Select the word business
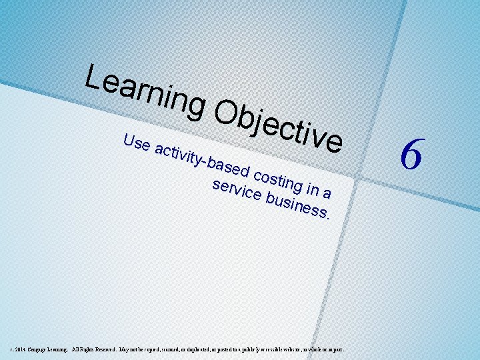coord(296,203)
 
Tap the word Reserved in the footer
coord(104,349)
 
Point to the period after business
coord(329,217)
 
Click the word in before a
coord(311,189)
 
